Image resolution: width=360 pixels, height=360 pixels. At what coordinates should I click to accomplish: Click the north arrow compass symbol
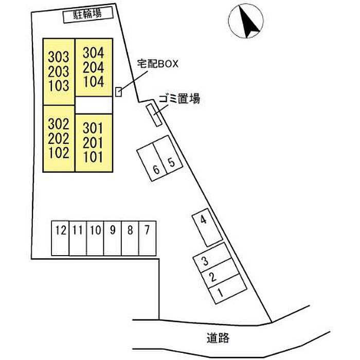click(246, 21)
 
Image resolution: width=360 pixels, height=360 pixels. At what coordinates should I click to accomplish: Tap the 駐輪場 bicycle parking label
click(87, 14)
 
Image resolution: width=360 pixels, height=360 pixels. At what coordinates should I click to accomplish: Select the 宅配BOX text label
click(158, 64)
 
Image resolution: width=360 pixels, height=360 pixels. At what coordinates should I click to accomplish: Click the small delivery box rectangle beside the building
click(118, 92)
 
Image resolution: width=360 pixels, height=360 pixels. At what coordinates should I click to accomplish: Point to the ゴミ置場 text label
click(179, 99)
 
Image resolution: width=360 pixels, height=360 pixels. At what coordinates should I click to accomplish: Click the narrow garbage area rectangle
click(154, 115)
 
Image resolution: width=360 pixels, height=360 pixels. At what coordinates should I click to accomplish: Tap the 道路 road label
click(218, 338)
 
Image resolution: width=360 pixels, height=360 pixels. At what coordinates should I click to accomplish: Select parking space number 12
click(60, 238)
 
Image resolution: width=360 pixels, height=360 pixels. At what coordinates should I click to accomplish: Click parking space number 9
click(113, 238)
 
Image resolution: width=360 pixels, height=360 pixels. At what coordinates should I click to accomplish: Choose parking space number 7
click(148, 238)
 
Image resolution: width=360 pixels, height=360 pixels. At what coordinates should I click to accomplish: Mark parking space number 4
click(207, 227)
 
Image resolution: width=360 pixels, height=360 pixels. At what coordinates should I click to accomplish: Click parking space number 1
click(227, 289)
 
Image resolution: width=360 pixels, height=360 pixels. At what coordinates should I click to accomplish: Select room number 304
click(94, 52)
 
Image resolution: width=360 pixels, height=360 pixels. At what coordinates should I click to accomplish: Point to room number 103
click(59, 86)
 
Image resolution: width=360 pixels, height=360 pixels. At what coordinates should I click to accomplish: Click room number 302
click(59, 124)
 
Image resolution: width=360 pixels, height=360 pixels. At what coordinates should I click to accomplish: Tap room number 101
click(93, 157)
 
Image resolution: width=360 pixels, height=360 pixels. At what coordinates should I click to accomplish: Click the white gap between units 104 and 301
click(94, 105)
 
